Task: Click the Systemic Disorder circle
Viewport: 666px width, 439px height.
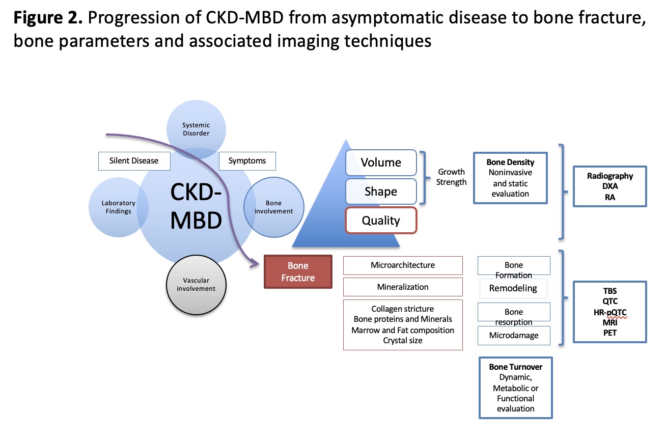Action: pos(196,129)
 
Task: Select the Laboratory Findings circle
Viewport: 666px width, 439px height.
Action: pos(118,207)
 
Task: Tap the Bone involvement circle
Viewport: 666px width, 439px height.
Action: pos(274,207)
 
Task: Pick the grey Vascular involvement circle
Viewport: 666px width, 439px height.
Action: pos(196,284)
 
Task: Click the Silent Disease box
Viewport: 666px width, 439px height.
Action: pos(134,160)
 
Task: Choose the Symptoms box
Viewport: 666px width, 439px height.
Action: pos(247,160)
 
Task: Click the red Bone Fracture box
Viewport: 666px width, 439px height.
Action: pos(298,272)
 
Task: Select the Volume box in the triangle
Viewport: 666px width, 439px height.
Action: pos(381,162)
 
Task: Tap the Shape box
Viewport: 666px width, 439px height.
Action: pos(381,191)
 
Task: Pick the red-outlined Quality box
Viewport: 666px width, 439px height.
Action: pos(381,221)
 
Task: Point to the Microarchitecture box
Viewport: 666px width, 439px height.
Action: pos(403,265)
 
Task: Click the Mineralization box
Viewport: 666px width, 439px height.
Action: pos(403,287)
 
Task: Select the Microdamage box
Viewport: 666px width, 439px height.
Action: pos(513,335)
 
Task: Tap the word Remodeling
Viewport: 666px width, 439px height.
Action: pos(513,288)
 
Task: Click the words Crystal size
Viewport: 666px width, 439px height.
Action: pos(403,340)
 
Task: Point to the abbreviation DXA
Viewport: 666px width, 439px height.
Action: pos(609,186)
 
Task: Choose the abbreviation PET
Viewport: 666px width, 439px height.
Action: pos(609,333)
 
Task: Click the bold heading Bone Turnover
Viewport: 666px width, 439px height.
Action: pos(515,367)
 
